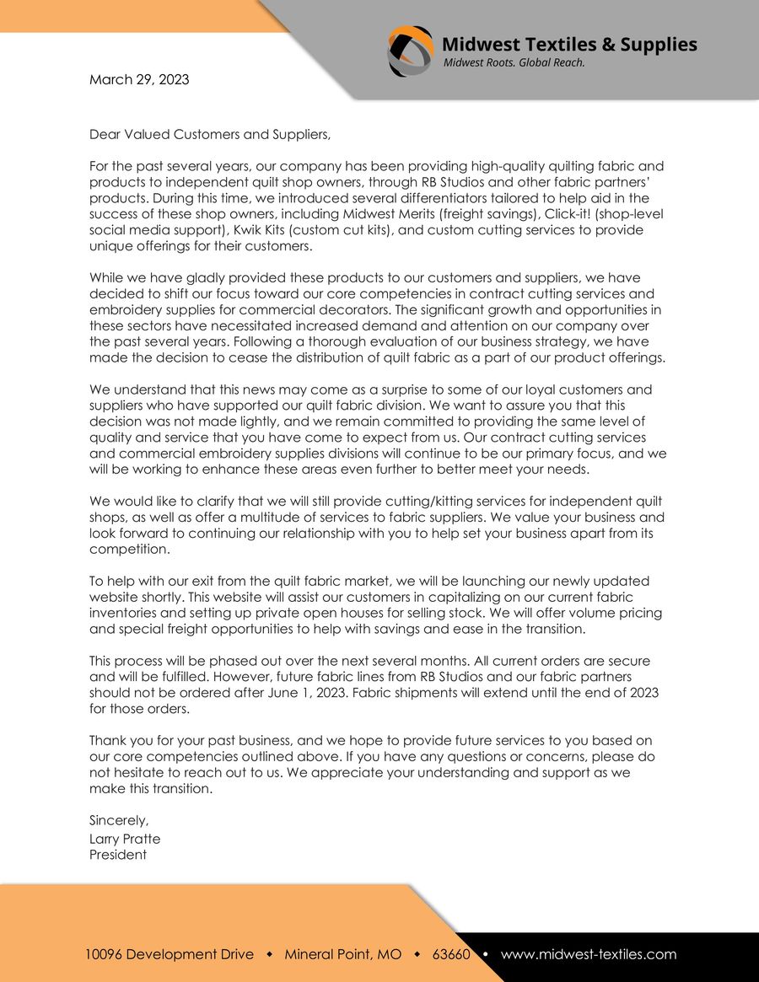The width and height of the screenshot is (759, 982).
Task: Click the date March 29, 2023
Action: [x=139, y=80]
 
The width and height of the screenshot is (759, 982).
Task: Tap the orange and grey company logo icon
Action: [x=411, y=51]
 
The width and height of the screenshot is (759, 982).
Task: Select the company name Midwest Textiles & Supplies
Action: [x=569, y=44]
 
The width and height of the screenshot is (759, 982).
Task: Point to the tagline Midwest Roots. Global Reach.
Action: [x=514, y=63]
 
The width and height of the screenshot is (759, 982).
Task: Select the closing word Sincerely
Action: [x=119, y=820]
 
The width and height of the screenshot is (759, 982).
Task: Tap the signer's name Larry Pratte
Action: [x=125, y=839]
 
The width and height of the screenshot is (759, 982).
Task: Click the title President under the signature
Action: [x=118, y=855]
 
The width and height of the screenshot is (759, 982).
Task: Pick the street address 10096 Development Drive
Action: [x=169, y=954]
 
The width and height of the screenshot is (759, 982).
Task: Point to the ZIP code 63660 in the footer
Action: [x=451, y=954]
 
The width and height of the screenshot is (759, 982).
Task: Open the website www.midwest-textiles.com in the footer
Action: [x=589, y=954]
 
